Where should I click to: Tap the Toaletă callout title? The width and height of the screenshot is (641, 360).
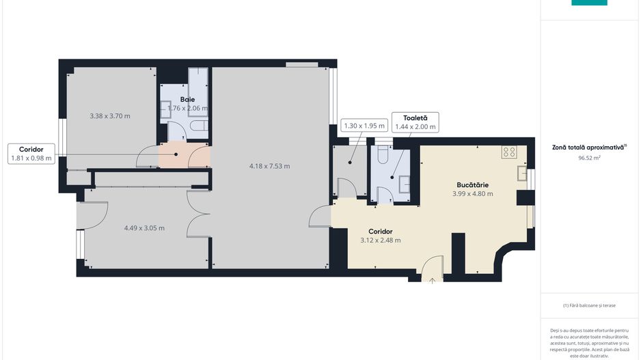[415, 118]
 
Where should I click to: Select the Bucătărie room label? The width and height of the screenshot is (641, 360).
[473, 184]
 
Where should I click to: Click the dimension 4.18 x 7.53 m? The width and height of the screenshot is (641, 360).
[269, 166]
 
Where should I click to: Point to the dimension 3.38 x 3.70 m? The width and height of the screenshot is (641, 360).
[109, 116]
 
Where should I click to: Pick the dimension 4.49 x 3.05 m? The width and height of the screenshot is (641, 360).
[144, 228]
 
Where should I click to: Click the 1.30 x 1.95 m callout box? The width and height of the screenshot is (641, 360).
[364, 126]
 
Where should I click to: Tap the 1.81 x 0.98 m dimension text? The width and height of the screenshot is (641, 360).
[31, 158]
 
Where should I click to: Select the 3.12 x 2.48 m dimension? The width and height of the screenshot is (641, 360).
[380, 240]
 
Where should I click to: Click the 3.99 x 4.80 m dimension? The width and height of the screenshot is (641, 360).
[473, 193]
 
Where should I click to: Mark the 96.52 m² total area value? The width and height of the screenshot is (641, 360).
[589, 158]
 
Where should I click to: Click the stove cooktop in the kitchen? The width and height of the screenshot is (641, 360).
[509, 152]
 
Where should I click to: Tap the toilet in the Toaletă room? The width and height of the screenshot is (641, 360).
[382, 156]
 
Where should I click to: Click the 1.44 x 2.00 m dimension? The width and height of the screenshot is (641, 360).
[415, 126]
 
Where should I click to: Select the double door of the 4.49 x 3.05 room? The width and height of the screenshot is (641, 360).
[199, 219]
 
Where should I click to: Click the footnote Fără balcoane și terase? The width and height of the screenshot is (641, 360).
[588, 305]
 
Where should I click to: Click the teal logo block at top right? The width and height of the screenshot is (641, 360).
[589, 3]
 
